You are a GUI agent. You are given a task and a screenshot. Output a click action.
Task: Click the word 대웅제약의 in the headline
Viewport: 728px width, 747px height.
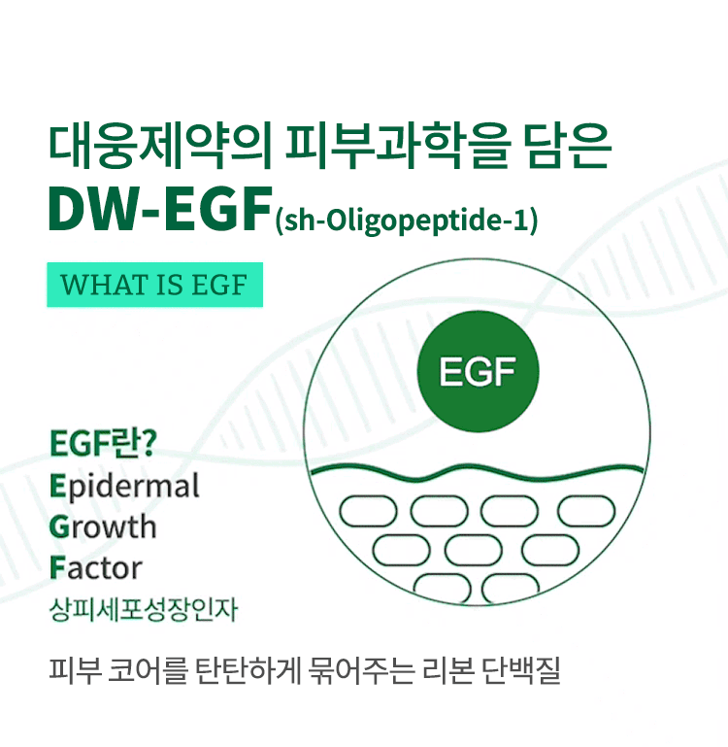160,147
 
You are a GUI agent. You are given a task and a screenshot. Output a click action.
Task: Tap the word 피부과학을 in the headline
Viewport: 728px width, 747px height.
398,147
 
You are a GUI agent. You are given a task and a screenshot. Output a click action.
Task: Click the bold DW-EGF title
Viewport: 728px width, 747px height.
160,210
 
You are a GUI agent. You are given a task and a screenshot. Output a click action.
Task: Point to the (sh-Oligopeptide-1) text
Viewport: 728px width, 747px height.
406,221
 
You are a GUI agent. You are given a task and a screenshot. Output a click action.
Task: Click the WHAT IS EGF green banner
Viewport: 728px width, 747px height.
154,285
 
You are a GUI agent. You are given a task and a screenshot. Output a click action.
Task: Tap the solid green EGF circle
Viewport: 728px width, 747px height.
478,372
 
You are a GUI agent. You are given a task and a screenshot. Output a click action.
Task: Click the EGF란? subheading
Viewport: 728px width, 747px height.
103,443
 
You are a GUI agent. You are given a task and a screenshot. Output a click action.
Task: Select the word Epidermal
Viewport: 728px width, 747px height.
124,487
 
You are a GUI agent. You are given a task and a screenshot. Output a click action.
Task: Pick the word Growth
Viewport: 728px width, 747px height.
103,526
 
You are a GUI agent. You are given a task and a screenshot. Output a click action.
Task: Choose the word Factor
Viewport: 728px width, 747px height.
96,567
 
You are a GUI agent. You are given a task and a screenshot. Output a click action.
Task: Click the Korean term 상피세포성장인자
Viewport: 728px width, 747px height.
144,609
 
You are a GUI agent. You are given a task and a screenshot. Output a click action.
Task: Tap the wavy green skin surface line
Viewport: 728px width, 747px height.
477,472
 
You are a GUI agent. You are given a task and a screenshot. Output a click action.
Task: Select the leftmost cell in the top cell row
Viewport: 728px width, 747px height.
368,511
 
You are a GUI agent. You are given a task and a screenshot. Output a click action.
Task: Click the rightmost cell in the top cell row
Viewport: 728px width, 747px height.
586,511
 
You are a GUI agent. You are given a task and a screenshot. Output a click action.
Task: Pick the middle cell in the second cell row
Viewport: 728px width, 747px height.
474,550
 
